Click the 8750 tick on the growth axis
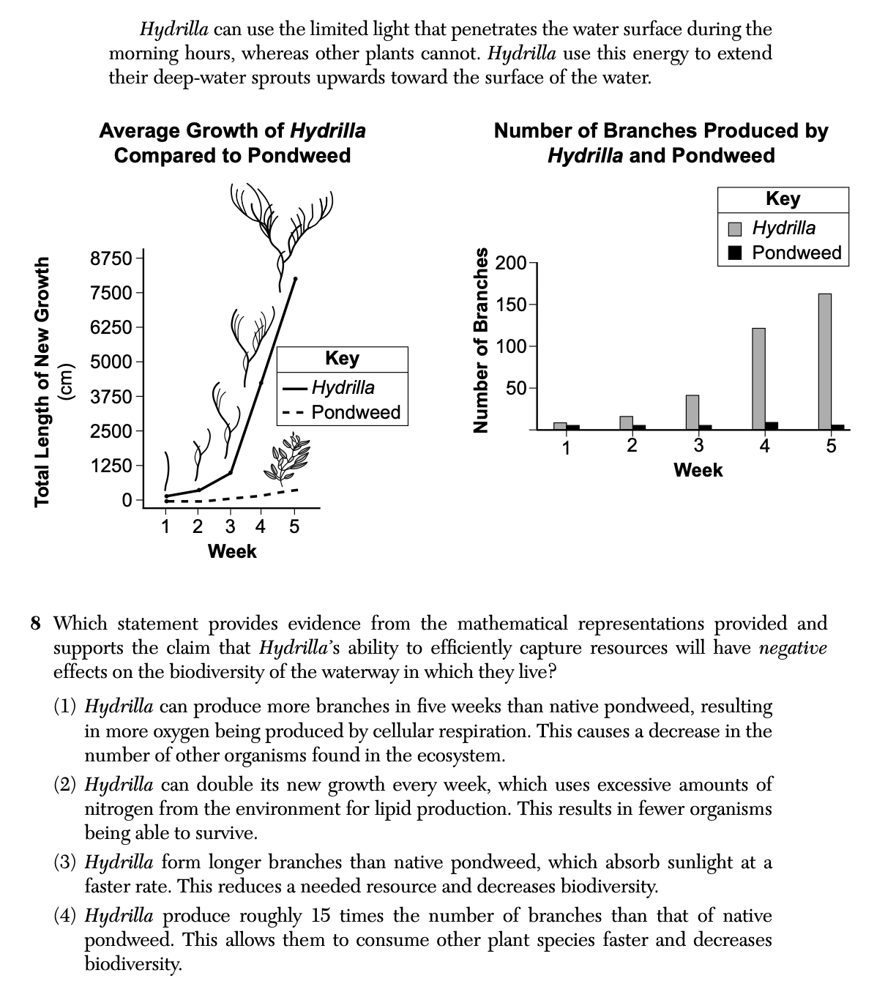tap(111, 258)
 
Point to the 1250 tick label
tap(111, 466)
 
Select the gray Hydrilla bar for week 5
tap(825, 361)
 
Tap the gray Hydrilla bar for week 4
tap(758, 378)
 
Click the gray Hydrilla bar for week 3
tap(692, 411)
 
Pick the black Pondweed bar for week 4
tap(772, 425)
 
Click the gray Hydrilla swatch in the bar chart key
tap(736, 228)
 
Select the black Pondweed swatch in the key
tap(736, 253)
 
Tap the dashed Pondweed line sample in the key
tap(293, 413)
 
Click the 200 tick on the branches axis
tap(510, 263)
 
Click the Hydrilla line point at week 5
tap(295, 279)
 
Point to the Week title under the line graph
tap(231, 551)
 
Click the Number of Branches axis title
tap(480, 340)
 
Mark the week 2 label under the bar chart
tap(632, 446)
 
